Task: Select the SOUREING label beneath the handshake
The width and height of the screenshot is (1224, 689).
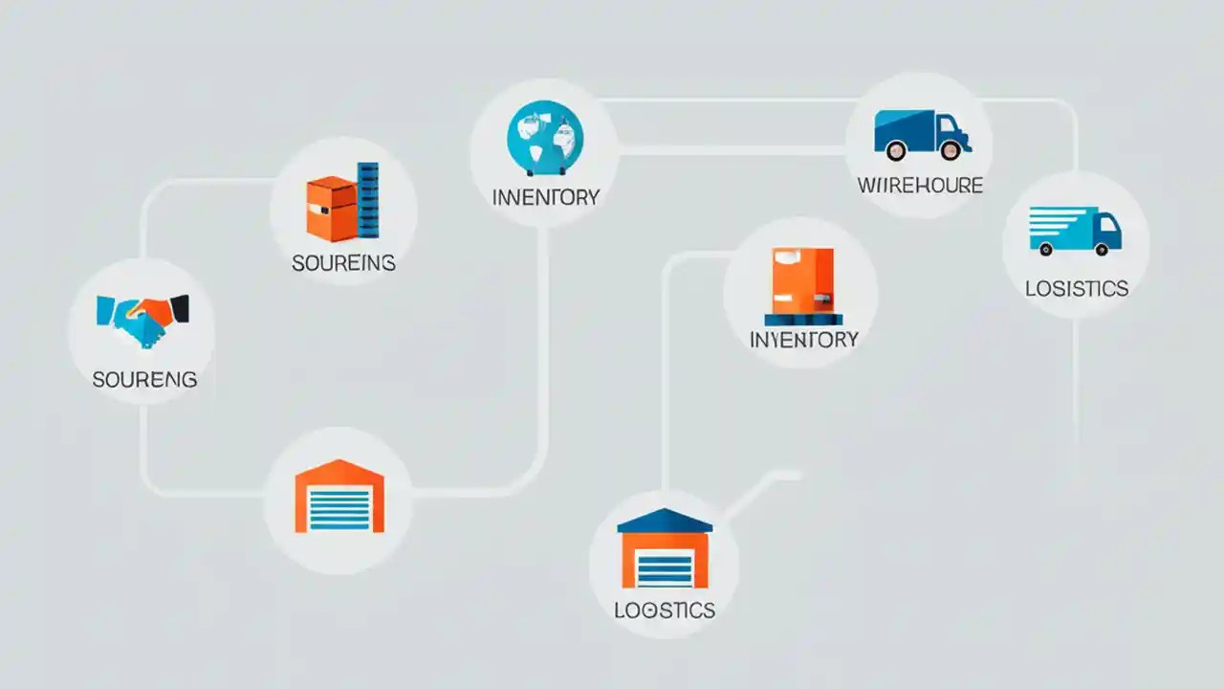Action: coord(144,379)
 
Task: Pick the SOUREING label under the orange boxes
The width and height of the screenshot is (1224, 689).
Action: coord(343,262)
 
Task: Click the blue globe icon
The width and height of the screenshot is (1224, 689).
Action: coord(544,139)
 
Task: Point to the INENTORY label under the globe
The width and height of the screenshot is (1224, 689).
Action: coord(545,197)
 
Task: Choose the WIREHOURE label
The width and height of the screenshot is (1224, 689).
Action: coord(920,185)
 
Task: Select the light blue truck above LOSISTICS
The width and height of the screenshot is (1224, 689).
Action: coord(1075,231)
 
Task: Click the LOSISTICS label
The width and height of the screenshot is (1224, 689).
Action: coord(1076,288)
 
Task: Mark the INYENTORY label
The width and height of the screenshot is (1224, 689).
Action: coord(803,339)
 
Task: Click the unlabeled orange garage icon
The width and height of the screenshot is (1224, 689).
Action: coord(339,497)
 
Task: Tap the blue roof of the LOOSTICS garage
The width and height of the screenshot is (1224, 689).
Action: coord(665,521)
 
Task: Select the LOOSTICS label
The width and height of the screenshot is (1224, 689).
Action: coord(664,610)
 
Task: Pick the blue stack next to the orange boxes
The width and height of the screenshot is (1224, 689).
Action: coord(367,199)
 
